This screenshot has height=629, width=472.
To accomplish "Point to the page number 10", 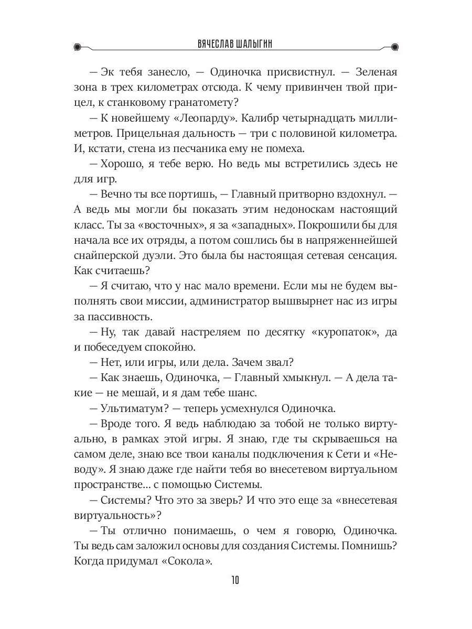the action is tap(235, 580).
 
